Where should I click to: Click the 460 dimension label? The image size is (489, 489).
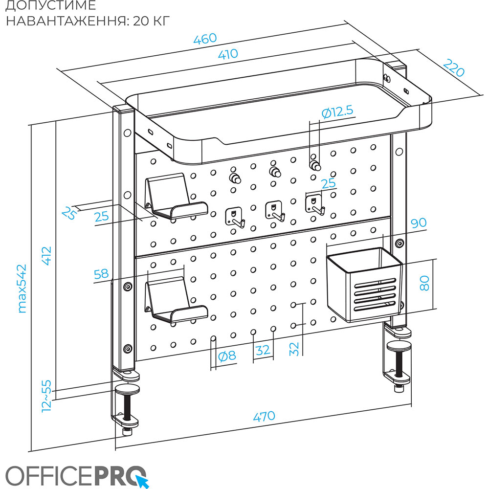click(x=205, y=40)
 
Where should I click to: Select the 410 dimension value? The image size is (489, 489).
click(x=227, y=54)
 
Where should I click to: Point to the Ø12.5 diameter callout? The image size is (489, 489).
click(x=337, y=111)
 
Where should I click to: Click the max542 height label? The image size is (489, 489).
click(x=22, y=289)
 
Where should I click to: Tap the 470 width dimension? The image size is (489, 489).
click(x=264, y=417)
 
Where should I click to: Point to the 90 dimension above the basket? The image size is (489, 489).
click(x=419, y=223)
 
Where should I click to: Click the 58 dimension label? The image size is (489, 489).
click(x=101, y=274)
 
